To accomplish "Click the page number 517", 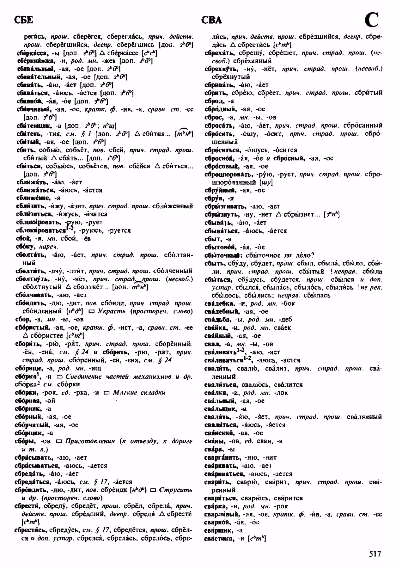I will coord(375,554).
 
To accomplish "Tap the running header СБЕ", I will coord(23,20).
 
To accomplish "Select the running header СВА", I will coord(211,21).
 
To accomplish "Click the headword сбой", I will coord(22,238).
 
